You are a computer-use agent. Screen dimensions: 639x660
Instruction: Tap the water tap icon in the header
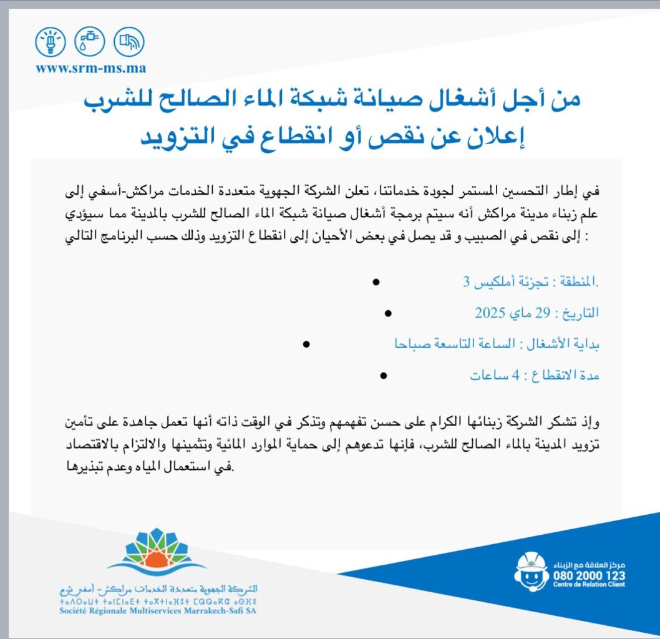[89, 42]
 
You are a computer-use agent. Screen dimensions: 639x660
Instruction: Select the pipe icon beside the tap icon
[129, 42]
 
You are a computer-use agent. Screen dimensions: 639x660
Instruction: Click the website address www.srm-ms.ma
[91, 69]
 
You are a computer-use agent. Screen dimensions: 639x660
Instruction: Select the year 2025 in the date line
[489, 312]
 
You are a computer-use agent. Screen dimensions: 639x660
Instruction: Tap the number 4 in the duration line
[515, 376]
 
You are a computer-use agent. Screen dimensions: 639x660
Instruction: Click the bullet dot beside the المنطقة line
[376, 282]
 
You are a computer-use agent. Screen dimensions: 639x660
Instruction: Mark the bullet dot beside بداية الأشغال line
[306, 344]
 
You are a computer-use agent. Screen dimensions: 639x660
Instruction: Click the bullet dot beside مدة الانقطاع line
[383, 376]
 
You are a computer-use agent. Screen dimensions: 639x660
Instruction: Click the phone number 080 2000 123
[588, 575]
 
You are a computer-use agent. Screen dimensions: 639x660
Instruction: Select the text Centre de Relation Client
[588, 585]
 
